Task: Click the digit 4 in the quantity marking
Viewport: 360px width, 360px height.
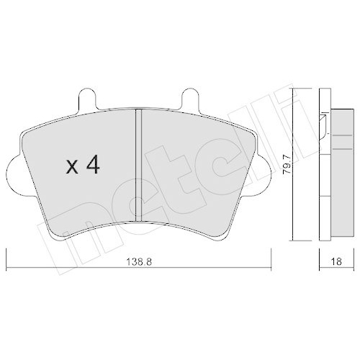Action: [x=91, y=166]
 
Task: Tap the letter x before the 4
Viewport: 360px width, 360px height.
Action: [x=72, y=168]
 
